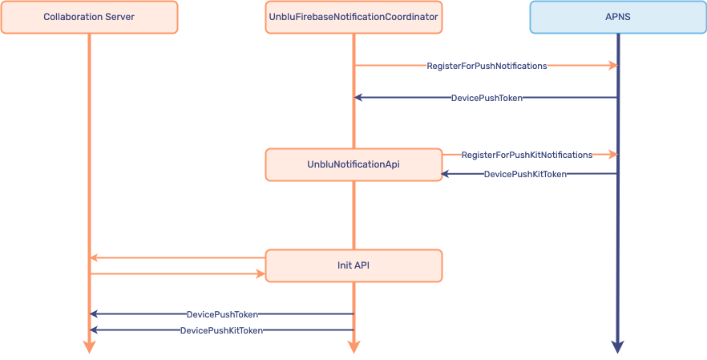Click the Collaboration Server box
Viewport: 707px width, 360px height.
pyautogui.click(x=89, y=17)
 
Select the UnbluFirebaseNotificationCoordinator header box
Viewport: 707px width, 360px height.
pyautogui.click(x=353, y=17)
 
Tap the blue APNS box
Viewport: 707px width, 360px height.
pyautogui.click(x=617, y=17)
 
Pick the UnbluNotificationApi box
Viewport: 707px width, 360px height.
pyautogui.click(x=353, y=164)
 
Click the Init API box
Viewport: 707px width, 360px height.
pyautogui.click(x=353, y=265)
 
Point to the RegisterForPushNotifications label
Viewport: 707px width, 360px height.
pyautogui.click(x=487, y=66)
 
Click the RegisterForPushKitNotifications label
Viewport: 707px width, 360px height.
pyautogui.click(x=527, y=155)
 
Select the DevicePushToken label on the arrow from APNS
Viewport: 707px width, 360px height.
pyautogui.click(x=487, y=98)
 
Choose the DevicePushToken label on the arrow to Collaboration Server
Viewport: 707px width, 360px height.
pyautogui.click(x=222, y=315)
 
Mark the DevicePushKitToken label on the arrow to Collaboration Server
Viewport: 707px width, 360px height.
pyautogui.click(x=221, y=330)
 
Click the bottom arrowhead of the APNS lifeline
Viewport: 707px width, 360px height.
pyautogui.click(x=617, y=346)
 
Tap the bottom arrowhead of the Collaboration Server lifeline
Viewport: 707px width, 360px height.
pyautogui.click(x=89, y=346)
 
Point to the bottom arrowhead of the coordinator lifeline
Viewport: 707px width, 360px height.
pyautogui.click(x=353, y=346)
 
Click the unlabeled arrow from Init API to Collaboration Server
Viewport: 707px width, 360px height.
pyautogui.click(x=176, y=258)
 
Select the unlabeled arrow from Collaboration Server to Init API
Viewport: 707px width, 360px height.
pyautogui.click(x=176, y=274)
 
